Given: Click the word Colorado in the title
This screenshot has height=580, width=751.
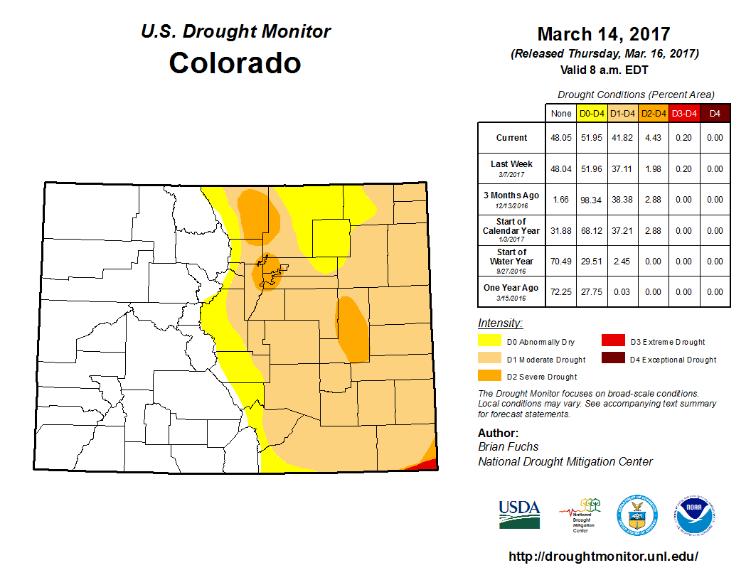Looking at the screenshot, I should [235, 63].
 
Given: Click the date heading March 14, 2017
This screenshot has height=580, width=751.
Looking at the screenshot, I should [604, 34].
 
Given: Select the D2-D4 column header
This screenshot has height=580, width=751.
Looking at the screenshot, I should [652, 113].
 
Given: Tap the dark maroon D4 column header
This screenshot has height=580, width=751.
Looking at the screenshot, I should [715, 113].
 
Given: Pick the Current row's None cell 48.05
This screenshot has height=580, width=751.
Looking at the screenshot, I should [561, 138].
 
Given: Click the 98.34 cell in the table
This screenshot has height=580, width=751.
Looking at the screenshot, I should [591, 200].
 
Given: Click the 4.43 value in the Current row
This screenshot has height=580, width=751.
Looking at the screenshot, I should [652, 138].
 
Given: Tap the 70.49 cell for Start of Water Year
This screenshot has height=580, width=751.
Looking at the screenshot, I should [561, 261].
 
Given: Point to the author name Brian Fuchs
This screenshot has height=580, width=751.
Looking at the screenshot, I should [508, 446].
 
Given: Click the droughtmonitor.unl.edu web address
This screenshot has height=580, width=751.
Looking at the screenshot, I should [603, 557].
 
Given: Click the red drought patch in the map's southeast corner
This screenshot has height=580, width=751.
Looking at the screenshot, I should [426, 465].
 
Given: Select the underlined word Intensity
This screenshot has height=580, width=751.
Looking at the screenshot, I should [499, 323].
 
